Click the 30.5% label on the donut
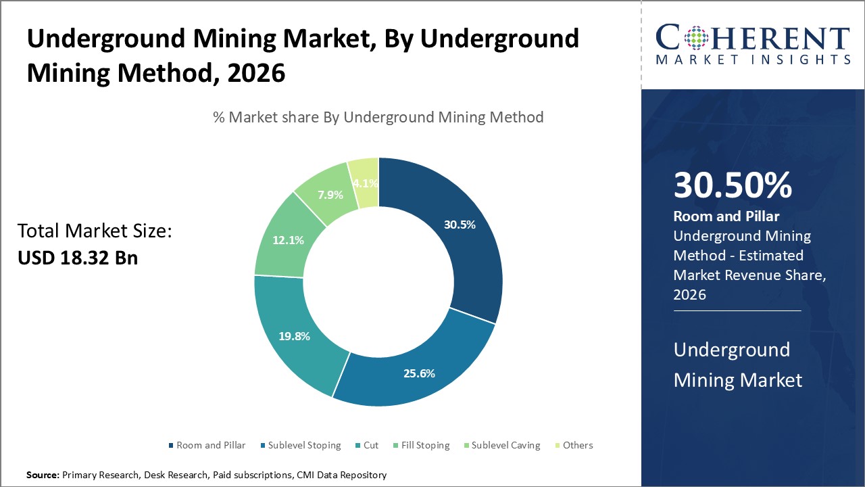(x=460, y=225)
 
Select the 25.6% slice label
(x=419, y=373)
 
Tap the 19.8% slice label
(x=294, y=336)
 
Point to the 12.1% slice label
(x=288, y=239)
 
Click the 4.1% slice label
(x=366, y=183)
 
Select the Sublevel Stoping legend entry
(x=304, y=445)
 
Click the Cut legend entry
(x=371, y=445)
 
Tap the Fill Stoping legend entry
(x=424, y=445)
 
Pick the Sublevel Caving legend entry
(x=505, y=445)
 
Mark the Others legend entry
(x=578, y=445)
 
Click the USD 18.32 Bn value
(x=78, y=258)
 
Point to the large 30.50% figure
(x=733, y=186)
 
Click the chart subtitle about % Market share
(x=378, y=117)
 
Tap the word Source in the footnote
(x=42, y=476)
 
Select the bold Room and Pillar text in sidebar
(x=726, y=216)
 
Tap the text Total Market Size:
(x=95, y=231)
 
